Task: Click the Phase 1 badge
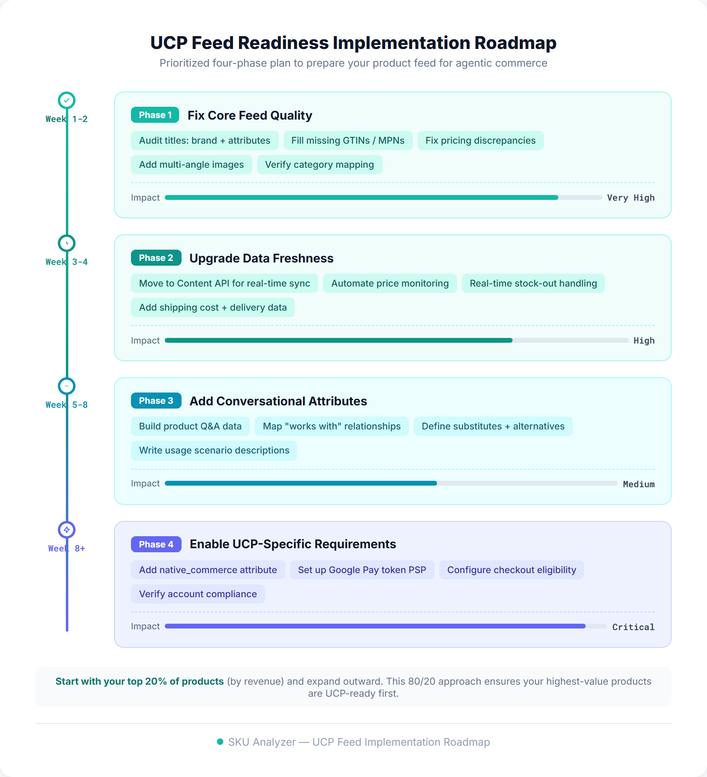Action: coord(155,115)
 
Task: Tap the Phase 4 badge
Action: coord(156,544)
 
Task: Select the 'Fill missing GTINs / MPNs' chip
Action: coord(348,140)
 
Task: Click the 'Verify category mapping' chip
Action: coord(319,165)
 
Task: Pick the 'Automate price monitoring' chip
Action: coord(390,283)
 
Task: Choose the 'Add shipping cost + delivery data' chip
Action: coord(213,307)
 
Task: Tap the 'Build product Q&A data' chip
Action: coord(190,426)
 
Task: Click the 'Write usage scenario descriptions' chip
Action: coord(214,450)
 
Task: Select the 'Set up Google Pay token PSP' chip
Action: coord(362,570)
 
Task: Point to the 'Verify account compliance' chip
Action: coord(198,594)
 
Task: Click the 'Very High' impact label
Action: coord(630,198)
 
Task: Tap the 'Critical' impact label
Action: coord(633,627)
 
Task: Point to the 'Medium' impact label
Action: coord(638,484)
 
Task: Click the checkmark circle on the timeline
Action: coord(67,100)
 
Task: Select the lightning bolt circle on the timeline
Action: coord(67,530)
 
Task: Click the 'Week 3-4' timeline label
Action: coord(67,262)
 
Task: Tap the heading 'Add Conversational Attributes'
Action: coord(278,401)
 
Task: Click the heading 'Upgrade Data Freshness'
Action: coord(261,258)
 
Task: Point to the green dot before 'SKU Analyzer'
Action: coord(220,742)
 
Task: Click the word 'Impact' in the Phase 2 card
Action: coord(145,341)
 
